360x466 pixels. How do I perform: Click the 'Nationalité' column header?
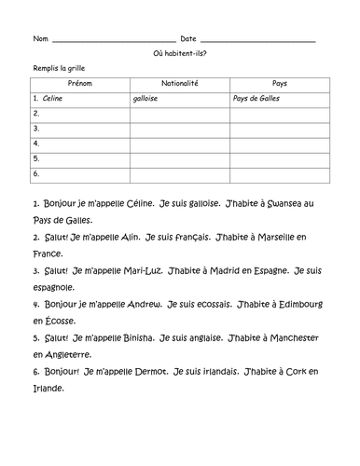point(178,83)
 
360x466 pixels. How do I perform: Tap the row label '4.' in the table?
point(36,144)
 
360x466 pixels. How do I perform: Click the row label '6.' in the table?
point(36,173)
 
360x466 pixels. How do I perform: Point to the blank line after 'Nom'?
point(107,39)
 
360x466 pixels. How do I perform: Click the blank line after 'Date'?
point(257,39)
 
